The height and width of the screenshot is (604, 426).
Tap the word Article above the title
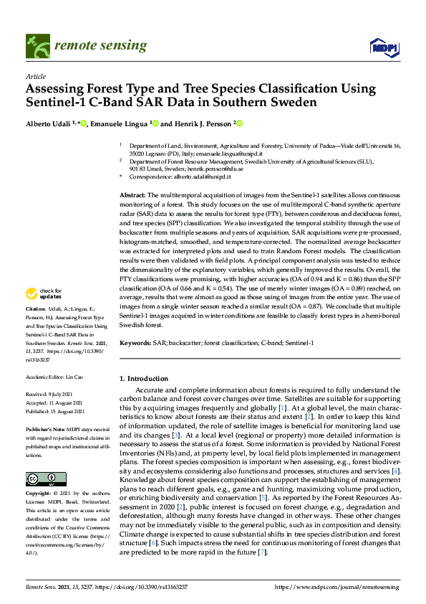tap(35, 76)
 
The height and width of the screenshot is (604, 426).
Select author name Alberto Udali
tap(49, 123)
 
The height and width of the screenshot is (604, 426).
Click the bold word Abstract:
tap(132, 195)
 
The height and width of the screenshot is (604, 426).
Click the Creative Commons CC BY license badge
tap(42, 478)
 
